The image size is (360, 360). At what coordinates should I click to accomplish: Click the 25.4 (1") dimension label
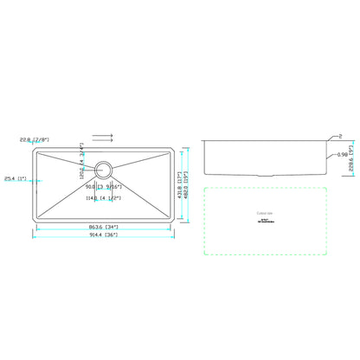[15, 180]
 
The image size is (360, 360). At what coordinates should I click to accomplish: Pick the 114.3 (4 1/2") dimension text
[103, 198]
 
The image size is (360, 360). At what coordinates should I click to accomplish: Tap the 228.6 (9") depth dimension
[350, 162]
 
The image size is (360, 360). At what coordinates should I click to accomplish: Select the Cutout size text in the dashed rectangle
[263, 212]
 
